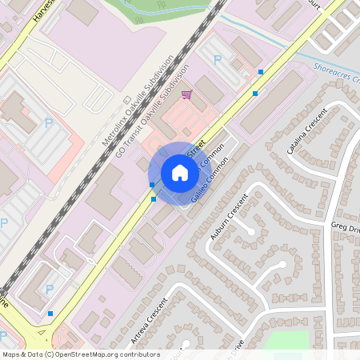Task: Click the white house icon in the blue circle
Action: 180,173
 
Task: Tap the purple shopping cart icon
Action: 186,95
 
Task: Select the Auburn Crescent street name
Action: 225,215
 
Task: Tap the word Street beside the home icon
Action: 195,150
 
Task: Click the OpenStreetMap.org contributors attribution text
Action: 104,354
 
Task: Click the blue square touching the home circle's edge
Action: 152,185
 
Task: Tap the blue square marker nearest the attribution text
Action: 50,314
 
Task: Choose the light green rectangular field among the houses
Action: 288,342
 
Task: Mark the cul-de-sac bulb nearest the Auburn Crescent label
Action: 251,231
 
